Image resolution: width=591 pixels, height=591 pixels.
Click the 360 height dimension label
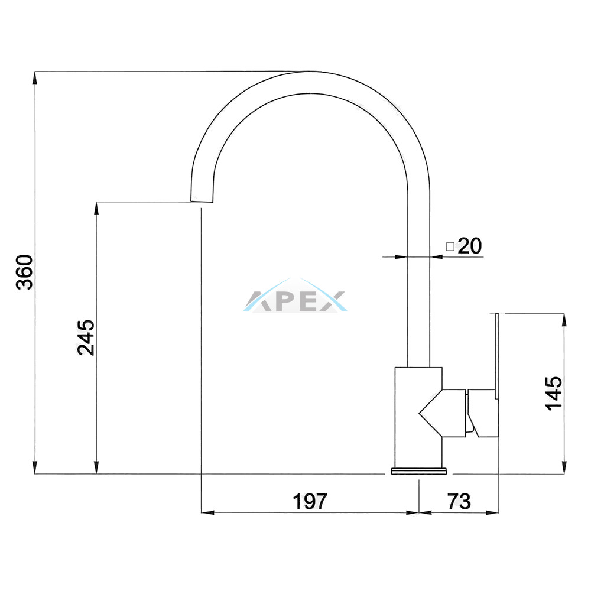[25, 272]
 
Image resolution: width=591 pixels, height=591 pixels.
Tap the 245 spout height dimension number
[86, 337]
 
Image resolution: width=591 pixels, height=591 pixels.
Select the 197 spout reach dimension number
[310, 501]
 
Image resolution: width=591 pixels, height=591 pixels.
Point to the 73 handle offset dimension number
[459, 501]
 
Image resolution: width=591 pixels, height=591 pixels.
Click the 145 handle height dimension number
[554, 393]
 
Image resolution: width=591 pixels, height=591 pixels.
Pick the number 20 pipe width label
[470, 246]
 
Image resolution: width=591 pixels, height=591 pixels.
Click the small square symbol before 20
[450, 247]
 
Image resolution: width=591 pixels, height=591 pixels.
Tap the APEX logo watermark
[295, 296]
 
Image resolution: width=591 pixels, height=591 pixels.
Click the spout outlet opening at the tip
[202, 202]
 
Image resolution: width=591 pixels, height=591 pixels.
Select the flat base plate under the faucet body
[419, 471]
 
